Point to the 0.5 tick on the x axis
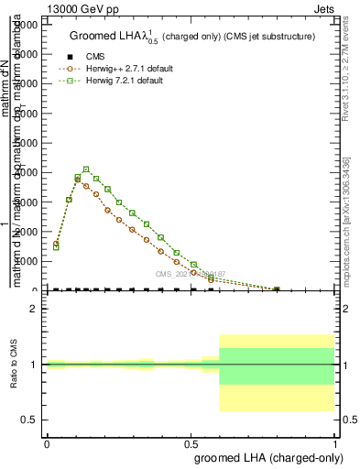[191, 443]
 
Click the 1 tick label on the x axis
[335, 443]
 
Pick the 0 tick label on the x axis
[46, 443]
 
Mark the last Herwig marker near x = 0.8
[277, 289]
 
